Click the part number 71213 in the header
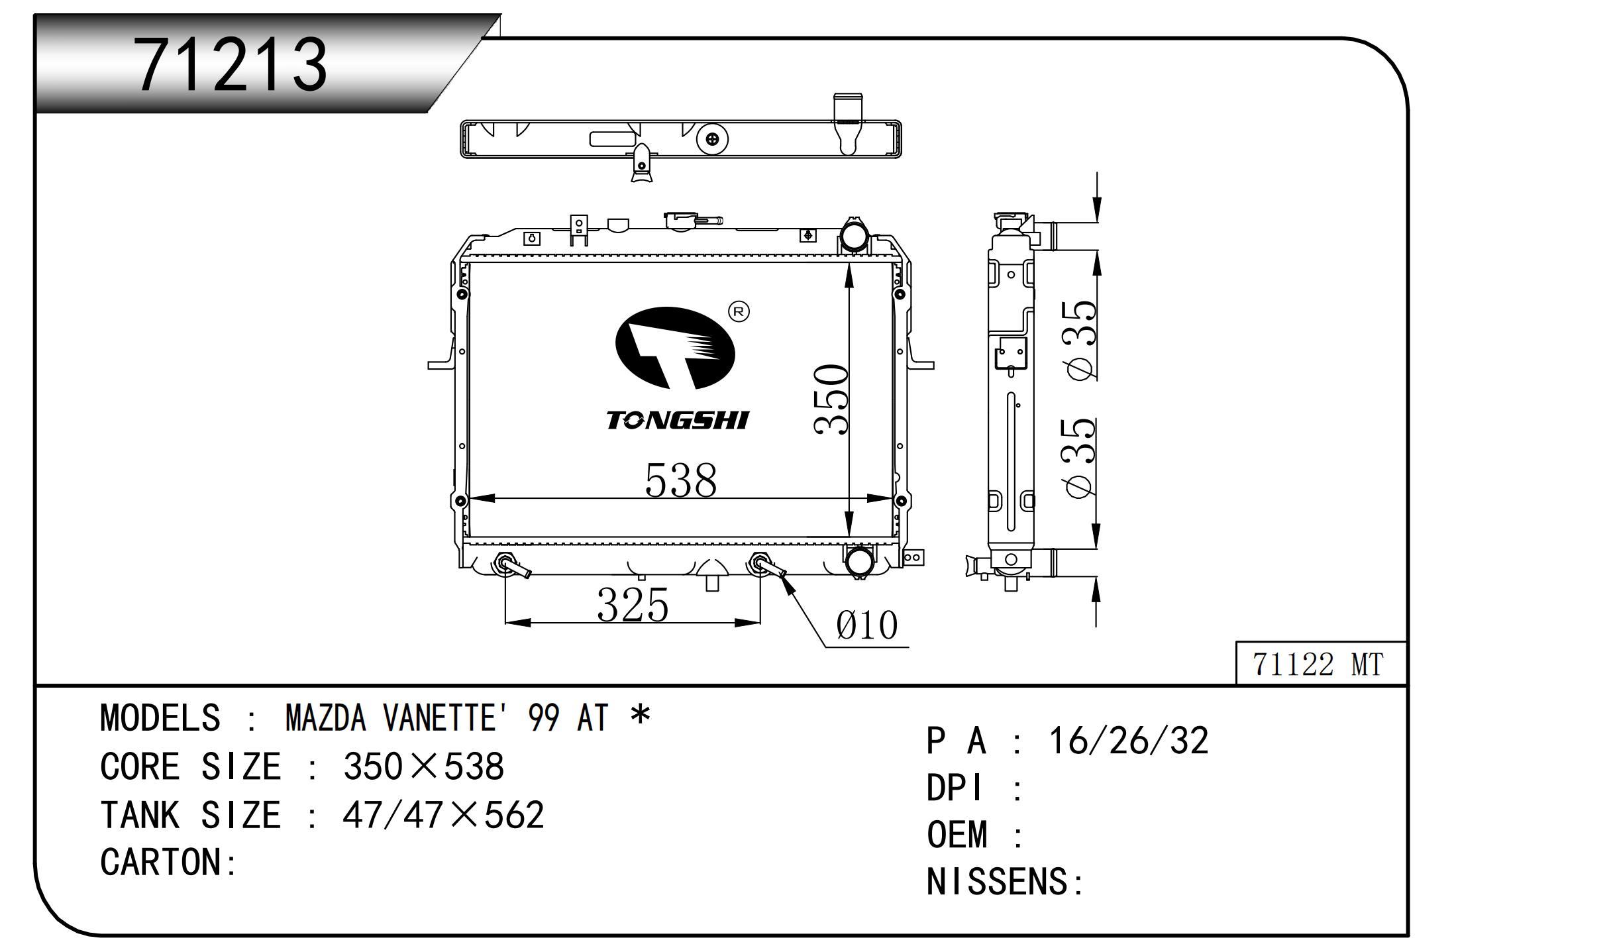coord(231,65)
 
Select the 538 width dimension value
coord(681,480)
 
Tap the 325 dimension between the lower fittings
coord(633,605)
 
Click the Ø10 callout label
coord(866,625)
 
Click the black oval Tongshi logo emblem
coord(675,348)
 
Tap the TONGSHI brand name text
coord(678,420)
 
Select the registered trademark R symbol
coord(739,311)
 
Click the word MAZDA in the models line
coord(325,717)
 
